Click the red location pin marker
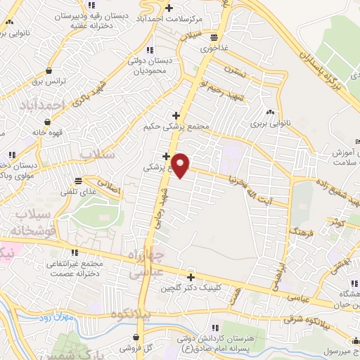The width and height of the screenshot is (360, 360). (181, 165)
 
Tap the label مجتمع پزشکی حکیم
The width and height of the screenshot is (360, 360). (176, 127)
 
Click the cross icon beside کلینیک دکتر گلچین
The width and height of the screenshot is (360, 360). (190, 276)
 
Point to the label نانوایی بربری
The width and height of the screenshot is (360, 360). (269, 124)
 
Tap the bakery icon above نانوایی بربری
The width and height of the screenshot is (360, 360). (270, 112)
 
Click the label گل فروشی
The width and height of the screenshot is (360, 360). (130, 348)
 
